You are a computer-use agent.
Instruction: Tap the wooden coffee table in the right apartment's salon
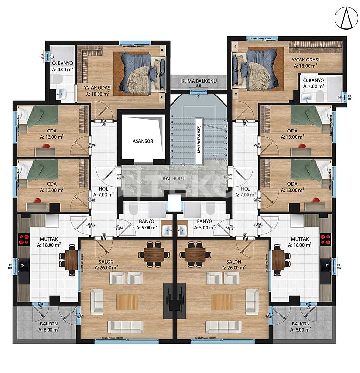click(222, 301)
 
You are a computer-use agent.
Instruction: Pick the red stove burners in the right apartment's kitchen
click(325, 239)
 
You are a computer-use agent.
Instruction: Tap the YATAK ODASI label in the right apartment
click(305, 60)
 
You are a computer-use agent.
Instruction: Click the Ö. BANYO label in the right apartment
click(313, 80)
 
